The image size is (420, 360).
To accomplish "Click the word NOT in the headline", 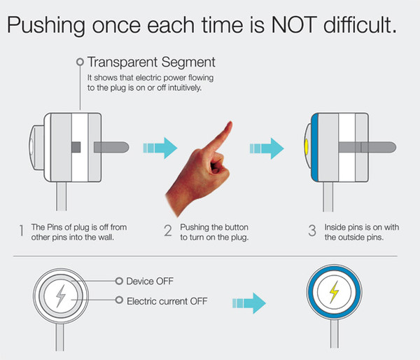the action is pyautogui.click(x=294, y=25).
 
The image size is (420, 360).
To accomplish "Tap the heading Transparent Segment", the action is pyautogui.click(x=151, y=62).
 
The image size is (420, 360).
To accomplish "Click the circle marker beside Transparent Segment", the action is pyautogui.click(x=80, y=62).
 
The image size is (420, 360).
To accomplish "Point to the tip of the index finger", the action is pyautogui.click(x=230, y=123).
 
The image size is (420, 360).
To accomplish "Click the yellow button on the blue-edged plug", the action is pyautogui.click(x=307, y=147).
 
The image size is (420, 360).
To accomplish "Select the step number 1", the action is pyautogui.click(x=21, y=230).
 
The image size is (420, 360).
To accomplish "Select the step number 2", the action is pyautogui.click(x=168, y=230).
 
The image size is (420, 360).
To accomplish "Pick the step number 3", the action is pyautogui.click(x=312, y=230).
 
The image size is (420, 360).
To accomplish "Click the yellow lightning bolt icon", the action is pyautogui.click(x=334, y=292).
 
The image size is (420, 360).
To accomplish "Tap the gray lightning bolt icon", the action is pyautogui.click(x=61, y=296).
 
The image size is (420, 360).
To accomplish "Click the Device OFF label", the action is pyautogui.click(x=150, y=281).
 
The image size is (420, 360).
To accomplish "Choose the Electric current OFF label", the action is pyautogui.click(x=167, y=301).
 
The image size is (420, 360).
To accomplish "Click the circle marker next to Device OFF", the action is pyautogui.click(x=119, y=281).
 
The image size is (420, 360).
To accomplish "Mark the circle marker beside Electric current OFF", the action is pyautogui.click(x=119, y=300).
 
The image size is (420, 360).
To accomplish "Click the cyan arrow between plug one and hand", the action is pyautogui.click(x=160, y=148).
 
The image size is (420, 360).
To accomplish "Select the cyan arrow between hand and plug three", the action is pyautogui.click(x=267, y=148).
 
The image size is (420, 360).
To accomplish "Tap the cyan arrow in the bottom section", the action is pyautogui.click(x=249, y=303).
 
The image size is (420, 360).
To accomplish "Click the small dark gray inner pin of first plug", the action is pyautogui.click(x=76, y=147).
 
